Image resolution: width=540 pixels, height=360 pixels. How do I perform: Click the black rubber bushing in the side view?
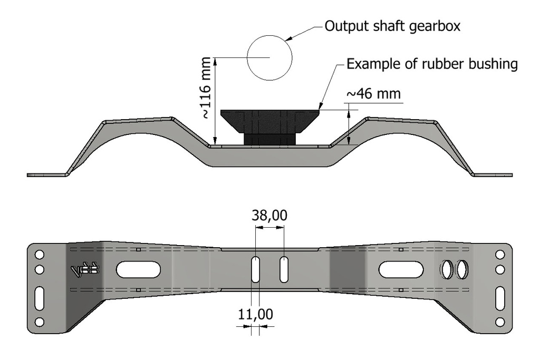coord(269,127)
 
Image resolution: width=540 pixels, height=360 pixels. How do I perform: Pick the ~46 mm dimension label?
coord(373,94)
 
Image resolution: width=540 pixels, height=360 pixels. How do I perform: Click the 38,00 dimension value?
coord(269,216)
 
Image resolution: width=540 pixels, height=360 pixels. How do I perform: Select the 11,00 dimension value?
coord(255,315)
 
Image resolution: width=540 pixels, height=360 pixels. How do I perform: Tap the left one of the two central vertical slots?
coord(255,269)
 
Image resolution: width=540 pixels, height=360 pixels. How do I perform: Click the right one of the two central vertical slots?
coord(284,269)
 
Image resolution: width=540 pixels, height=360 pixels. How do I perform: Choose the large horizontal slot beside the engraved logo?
coord(138,269)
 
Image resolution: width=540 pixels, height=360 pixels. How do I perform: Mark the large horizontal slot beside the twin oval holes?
coord(400,269)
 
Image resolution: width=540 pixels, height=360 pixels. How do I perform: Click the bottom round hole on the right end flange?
coord(499,322)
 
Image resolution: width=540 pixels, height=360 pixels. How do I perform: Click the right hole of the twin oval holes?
coord(462,270)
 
